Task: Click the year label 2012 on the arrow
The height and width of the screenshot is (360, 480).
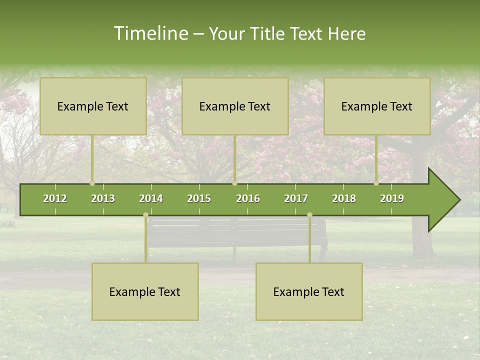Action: pyautogui.click(x=55, y=198)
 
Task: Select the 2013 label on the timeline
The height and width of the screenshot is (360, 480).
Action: pyautogui.click(x=103, y=198)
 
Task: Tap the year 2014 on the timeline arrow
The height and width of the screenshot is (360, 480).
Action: pyautogui.click(x=151, y=198)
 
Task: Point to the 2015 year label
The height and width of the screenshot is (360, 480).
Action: pyautogui.click(x=199, y=198)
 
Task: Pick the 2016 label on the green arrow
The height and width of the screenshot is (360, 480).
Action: pyautogui.click(x=248, y=198)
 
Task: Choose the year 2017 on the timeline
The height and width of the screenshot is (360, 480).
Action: pyautogui.click(x=296, y=198)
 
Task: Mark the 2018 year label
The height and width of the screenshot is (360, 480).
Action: pyautogui.click(x=344, y=198)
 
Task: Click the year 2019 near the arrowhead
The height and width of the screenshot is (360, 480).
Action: pyautogui.click(x=392, y=198)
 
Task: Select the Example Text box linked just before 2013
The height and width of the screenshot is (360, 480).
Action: pyautogui.click(x=93, y=106)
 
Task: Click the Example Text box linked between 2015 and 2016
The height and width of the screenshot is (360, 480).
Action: pyautogui.click(x=235, y=106)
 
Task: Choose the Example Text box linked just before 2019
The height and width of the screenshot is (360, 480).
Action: pyautogui.click(x=377, y=106)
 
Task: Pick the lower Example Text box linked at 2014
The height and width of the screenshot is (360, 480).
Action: pyautogui.click(x=145, y=291)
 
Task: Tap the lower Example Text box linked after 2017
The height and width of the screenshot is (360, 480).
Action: pyautogui.click(x=309, y=291)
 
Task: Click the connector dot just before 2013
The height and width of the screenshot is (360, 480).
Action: pyautogui.click(x=92, y=183)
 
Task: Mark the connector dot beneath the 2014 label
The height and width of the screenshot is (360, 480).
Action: pyautogui.click(x=145, y=214)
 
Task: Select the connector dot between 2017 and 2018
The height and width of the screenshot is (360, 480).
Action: pyautogui.click(x=309, y=214)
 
